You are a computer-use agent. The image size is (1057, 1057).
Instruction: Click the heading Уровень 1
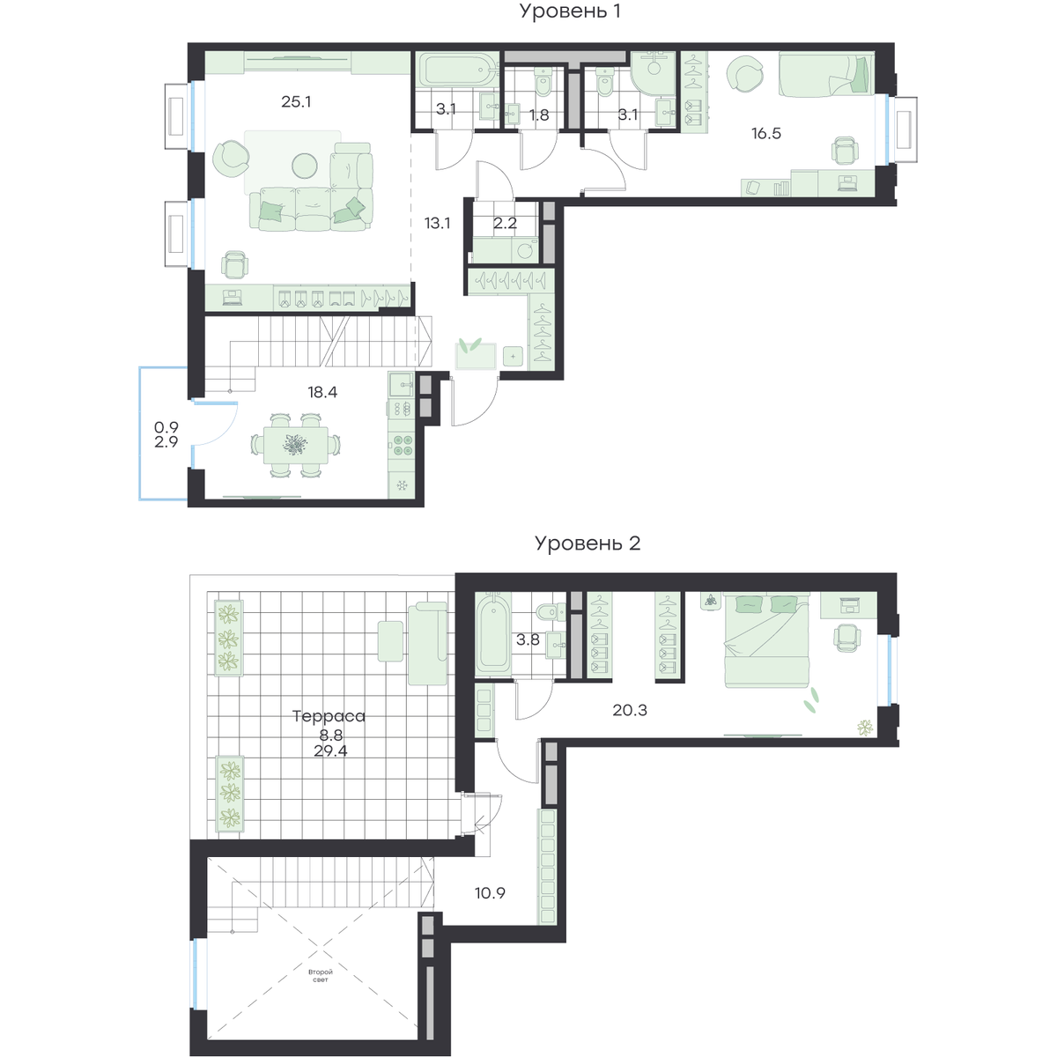(570, 11)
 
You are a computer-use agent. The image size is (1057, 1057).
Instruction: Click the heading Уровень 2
(588, 543)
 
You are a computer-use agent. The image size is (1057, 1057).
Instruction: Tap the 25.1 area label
(296, 101)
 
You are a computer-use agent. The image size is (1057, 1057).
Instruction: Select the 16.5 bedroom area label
(766, 133)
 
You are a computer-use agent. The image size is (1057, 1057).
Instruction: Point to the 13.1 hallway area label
(437, 223)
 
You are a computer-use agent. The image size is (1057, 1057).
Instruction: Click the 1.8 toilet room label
(539, 115)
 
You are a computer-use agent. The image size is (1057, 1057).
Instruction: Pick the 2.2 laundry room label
(506, 223)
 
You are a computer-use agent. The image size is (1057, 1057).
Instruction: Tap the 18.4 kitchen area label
(322, 392)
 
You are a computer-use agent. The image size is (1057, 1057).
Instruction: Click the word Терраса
(329, 716)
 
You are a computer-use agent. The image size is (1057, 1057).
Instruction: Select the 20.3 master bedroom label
(630, 710)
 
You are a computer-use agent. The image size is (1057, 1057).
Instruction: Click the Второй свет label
(321, 976)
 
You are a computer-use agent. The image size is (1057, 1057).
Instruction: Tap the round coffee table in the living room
(305, 165)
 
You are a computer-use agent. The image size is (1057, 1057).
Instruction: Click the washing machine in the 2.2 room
(526, 252)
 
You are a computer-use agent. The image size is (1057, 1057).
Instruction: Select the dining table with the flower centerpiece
(296, 445)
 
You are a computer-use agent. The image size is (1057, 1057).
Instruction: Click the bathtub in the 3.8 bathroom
(493, 633)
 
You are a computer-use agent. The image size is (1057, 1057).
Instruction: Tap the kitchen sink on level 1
(402, 385)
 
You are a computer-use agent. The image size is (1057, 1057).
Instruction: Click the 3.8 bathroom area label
(528, 639)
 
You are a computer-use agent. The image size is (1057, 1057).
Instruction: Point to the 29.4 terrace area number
(330, 751)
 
